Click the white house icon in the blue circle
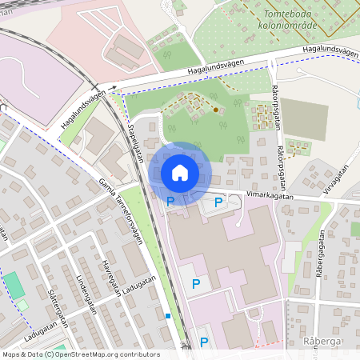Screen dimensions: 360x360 click(180, 172)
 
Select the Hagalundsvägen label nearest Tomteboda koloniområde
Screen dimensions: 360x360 click(330, 53)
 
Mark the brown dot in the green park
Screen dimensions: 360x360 click(215, 110)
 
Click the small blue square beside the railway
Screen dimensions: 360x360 click(168, 316)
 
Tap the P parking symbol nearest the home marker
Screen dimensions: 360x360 click(170, 202)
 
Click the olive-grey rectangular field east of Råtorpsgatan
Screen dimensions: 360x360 click(304, 120)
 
